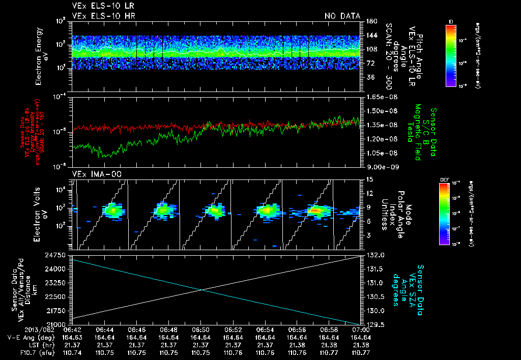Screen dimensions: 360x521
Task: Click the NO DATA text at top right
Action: click(x=342, y=16)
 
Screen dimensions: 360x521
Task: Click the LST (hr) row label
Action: click(x=24, y=344)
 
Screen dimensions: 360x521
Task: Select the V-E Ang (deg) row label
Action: click(x=20, y=337)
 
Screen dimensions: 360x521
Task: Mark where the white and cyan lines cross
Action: click(x=202, y=290)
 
